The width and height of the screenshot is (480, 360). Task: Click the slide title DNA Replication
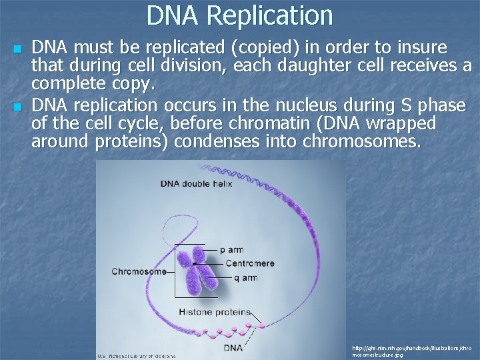click(x=239, y=15)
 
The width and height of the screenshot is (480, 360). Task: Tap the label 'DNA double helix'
click(x=196, y=183)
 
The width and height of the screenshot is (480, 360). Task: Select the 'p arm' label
click(x=231, y=250)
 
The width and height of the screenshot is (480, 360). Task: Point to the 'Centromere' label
click(x=249, y=263)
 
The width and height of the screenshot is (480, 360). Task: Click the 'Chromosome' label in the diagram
click(x=139, y=271)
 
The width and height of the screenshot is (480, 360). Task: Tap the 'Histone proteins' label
click(x=215, y=311)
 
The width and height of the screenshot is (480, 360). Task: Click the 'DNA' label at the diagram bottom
click(x=233, y=347)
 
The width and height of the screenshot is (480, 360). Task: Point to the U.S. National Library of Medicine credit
click(x=137, y=356)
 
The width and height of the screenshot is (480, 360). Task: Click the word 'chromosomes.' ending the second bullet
click(x=362, y=141)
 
